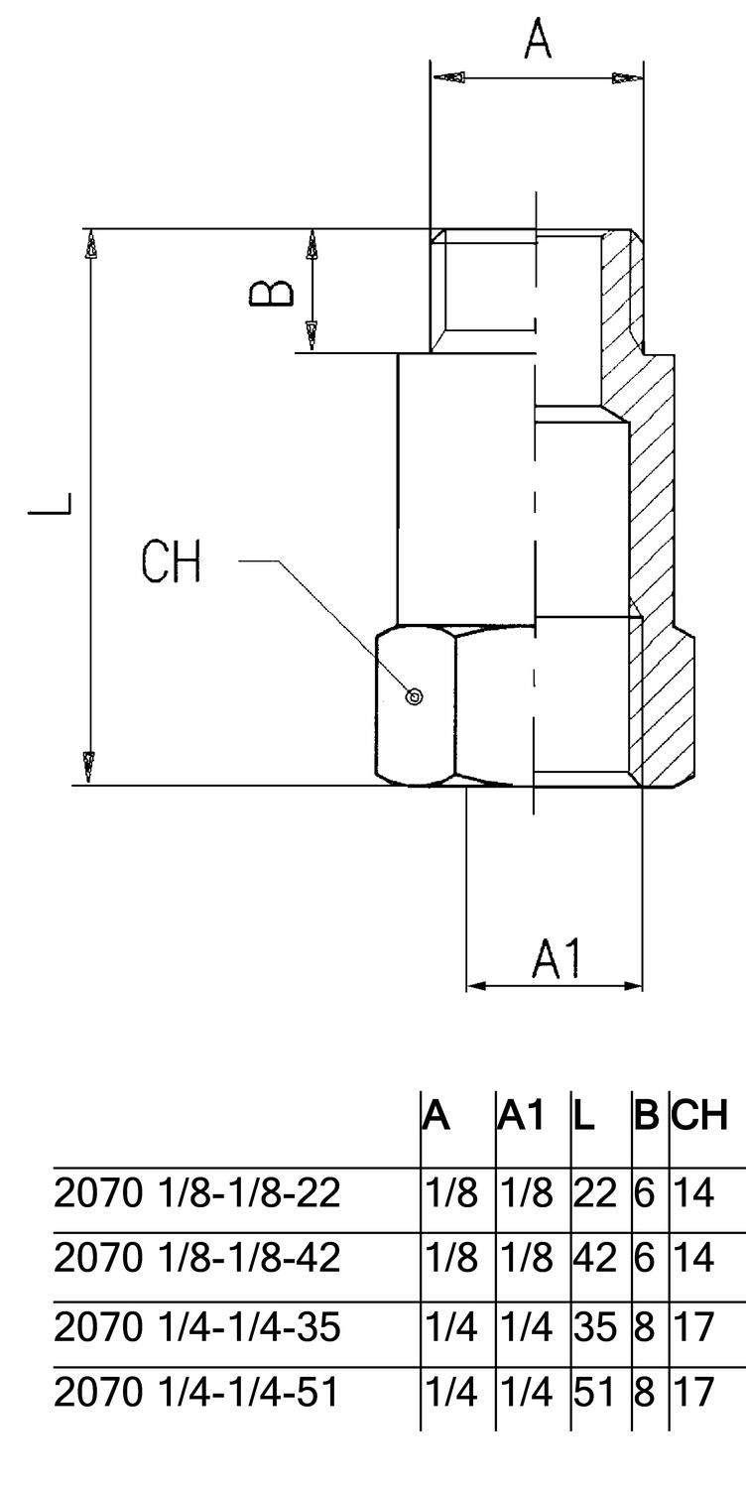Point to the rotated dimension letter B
click(270, 293)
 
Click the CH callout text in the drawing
click(171, 562)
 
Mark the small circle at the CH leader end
click(415, 696)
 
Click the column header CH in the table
click(700, 1115)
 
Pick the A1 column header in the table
click(522, 1115)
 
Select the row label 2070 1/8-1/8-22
click(196, 1193)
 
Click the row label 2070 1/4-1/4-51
click(196, 1393)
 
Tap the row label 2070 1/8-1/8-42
click(196, 1259)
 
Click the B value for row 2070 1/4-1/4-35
click(645, 1326)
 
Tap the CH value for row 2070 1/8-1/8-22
click(694, 1193)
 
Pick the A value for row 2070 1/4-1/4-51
click(451, 1393)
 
